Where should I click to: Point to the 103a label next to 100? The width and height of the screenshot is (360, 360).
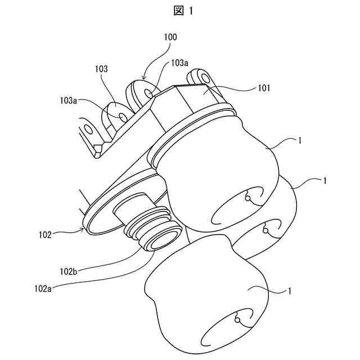[x=180, y=64]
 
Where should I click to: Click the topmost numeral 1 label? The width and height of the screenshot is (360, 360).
[x=303, y=141]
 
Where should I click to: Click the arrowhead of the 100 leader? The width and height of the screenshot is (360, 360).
[x=145, y=77]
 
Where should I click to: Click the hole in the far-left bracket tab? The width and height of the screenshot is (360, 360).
[x=88, y=130]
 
